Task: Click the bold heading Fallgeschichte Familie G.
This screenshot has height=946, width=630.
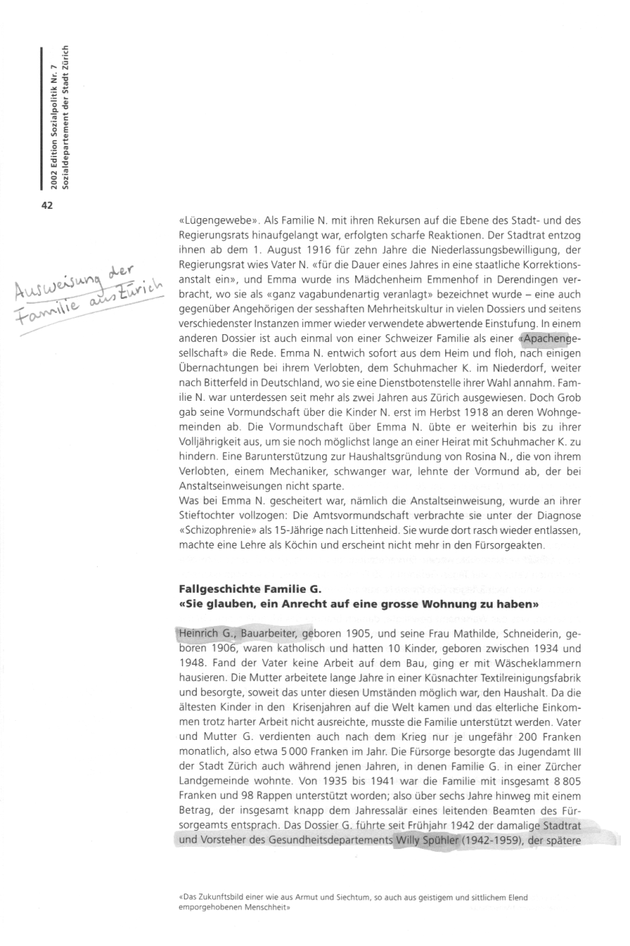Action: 250,589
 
